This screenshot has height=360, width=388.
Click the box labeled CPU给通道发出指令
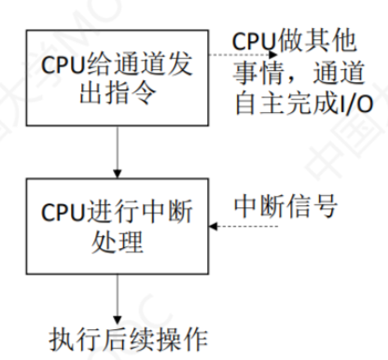[116, 77]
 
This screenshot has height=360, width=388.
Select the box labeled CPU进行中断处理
[116, 228]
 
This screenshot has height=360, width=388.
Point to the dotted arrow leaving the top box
[238, 53]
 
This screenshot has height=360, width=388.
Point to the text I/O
[353, 105]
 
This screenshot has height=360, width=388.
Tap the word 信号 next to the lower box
[309, 202]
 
